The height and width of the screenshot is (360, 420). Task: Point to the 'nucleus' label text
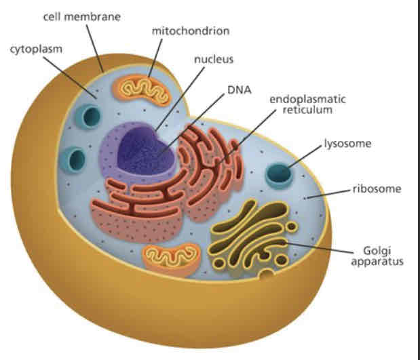coord(214,59)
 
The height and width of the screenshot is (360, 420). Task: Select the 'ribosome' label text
coord(377,188)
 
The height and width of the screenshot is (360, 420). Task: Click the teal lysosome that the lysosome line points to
coord(279,176)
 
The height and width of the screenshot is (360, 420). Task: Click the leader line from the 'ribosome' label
coord(329,193)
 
